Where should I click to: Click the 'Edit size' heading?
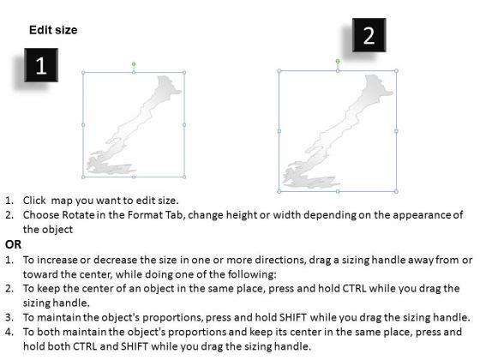point(53,30)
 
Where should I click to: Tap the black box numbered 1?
point(41,65)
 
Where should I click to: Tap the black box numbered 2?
point(369,35)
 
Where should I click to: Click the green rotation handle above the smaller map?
point(134,64)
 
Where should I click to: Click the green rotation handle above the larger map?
point(338,62)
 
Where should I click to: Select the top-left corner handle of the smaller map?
point(83,73)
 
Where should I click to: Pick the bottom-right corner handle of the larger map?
point(396,191)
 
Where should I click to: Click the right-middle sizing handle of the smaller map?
point(184,125)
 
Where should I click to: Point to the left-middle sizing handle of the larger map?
point(279,131)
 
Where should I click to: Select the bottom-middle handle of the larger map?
point(338,191)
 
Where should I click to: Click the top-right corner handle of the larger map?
point(396,70)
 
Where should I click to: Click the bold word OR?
point(13,244)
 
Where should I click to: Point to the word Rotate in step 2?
point(78,215)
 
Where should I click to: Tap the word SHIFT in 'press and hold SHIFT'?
point(293,317)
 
